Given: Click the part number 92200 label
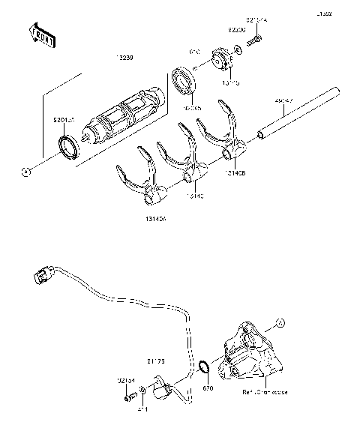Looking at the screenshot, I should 237,29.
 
